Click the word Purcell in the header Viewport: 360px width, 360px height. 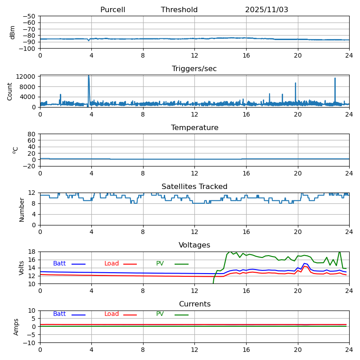112,10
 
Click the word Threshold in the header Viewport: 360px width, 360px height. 179,10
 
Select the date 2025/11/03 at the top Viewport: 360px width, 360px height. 266,10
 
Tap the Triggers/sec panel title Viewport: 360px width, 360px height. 194,69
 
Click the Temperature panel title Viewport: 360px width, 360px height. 194,128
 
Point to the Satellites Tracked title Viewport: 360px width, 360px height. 194,187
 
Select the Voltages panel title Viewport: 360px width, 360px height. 194,245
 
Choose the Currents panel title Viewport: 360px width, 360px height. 194,304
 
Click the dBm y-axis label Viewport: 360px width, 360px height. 13,32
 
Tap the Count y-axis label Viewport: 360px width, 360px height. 10,91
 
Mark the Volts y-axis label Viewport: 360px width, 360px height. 22,268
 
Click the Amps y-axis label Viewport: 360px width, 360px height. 16,327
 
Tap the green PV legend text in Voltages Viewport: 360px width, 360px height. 160,264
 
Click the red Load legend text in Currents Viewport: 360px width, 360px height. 112,314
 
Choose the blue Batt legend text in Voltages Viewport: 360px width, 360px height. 59,264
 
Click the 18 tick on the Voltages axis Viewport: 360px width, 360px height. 33,252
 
